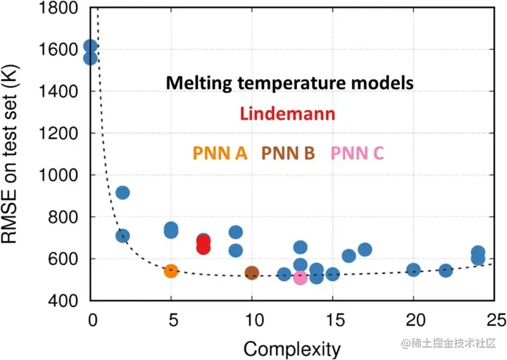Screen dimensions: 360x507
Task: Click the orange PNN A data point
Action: pos(170,271)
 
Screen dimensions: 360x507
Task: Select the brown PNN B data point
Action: pos(251,273)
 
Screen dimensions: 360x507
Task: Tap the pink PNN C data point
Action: pos(300,278)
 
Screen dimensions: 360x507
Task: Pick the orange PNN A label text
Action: pos(219,153)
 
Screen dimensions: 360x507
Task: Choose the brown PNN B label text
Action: pos(287,153)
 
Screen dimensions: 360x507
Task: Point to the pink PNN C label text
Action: pos(357,153)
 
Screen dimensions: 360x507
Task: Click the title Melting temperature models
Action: pos(289,82)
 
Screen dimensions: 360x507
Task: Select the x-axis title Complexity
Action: pos(292,348)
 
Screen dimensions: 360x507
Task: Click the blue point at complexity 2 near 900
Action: pos(122,192)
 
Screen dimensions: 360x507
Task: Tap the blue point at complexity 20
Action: pos(413,270)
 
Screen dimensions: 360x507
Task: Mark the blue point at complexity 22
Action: pos(445,270)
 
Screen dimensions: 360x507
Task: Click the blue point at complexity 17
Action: pos(365,249)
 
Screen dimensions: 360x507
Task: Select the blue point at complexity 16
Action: pos(349,256)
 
